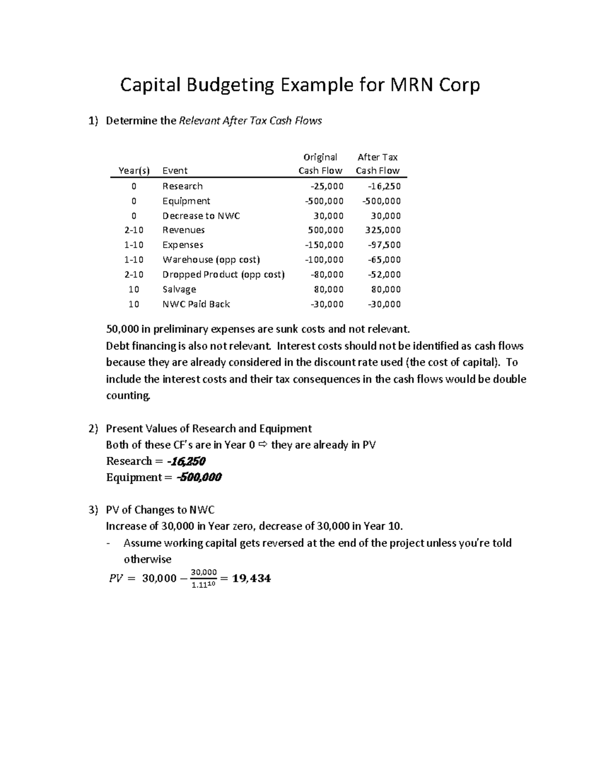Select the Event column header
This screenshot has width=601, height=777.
point(175,171)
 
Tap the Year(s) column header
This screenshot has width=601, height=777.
point(134,171)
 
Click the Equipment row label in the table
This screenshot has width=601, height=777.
point(186,201)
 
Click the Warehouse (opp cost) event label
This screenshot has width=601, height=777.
point(211,260)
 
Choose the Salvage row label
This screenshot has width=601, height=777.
point(179,289)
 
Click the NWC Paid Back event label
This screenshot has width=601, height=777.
point(196,304)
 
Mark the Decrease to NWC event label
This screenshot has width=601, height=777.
point(201,216)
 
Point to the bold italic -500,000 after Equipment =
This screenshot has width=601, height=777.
point(199,477)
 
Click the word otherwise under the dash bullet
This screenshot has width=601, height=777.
point(147,559)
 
